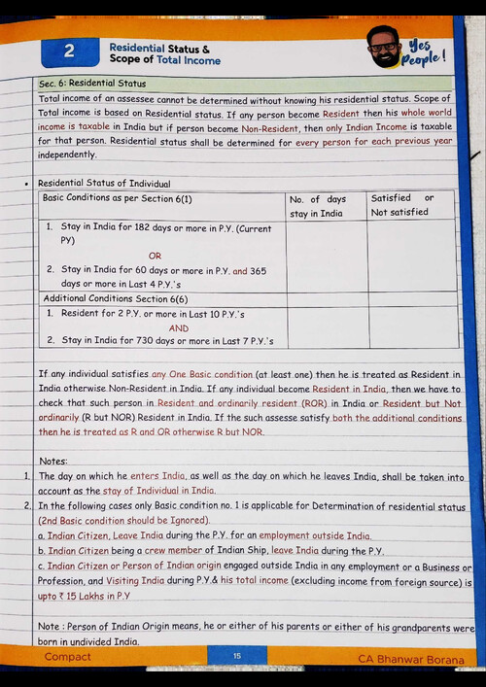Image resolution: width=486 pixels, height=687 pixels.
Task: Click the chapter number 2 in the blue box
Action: (x=69, y=52)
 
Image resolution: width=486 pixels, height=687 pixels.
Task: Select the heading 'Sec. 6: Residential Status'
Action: (x=92, y=85)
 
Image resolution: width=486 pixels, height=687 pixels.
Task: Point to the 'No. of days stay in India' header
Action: (x=318, y=205)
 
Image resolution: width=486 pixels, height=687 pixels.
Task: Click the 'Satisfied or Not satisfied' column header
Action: (x=401, y=205)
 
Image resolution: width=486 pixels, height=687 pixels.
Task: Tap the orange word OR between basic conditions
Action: (x=155, y=256)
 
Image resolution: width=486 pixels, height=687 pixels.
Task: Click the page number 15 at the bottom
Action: (x=236, y=657)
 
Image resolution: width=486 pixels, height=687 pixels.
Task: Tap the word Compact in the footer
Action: (x=68, y=657)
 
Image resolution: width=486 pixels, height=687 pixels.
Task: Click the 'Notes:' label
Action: (x=52, y=461)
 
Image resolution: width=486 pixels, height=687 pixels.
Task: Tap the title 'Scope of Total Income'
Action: (x=164, y=60)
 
